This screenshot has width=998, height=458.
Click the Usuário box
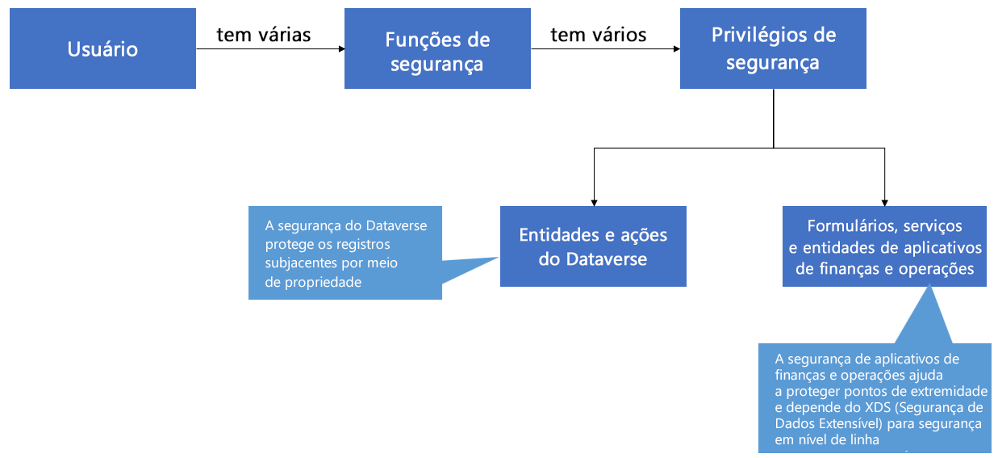[x=102, y=48]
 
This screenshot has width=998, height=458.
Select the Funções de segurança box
[x=437, y=48]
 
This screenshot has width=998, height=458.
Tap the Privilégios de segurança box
[x=773, y=48]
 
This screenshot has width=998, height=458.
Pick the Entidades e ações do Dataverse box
[x=593, y=246]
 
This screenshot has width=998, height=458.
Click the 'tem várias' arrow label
[x=264, y=35]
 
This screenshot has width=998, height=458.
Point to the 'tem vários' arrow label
[x=599, y=35]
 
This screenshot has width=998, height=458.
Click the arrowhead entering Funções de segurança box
[x=342, y=48]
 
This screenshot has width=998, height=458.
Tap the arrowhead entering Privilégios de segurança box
[x=677, y=48]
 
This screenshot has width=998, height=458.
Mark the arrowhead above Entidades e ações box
[x=594, y=203]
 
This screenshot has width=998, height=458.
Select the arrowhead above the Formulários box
[x=885, y=203]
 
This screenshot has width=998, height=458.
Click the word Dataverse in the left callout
[x=396, y=225]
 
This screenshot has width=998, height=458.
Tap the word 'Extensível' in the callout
[x=851, y=423]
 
